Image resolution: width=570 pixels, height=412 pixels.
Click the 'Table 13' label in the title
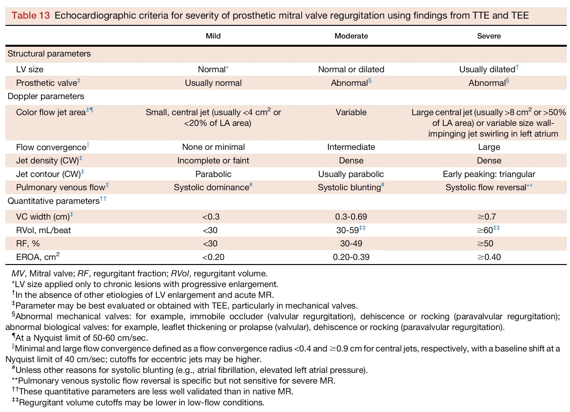(x=31, y=15)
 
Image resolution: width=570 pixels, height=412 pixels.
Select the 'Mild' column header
(x=213, y=36)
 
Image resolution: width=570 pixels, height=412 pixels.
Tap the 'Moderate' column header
(x=351, y=36)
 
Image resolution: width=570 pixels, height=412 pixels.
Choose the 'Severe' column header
(x=489, y=36)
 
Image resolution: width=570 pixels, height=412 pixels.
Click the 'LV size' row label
(x=30, y=69)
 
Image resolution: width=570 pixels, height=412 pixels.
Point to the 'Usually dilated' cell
(x=487, y=69)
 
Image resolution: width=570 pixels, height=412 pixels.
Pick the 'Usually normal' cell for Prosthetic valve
(x=213, y=83)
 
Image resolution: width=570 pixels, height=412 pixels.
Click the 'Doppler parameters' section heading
(x=46, y=96)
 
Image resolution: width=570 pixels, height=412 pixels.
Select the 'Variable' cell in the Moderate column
(x=351, y=112)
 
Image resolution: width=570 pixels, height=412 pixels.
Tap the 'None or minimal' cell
(x=213, y=147)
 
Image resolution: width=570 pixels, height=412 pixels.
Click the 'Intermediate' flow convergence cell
(x=351, y=147)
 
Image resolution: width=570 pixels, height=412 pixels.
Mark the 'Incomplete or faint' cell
(x=213, y=161)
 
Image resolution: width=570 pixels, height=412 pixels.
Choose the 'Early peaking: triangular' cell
(x=489, y=174)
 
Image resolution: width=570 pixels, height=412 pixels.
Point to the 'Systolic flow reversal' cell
(x=486, y=187)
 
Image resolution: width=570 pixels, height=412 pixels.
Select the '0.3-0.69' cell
(x=351, y=217)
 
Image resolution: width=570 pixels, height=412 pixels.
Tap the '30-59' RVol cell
(x=347, y=230)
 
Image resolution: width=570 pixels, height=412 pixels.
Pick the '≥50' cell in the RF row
(x=485, y=244)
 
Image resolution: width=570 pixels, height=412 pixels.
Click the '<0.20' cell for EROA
(x=213, y=257)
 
